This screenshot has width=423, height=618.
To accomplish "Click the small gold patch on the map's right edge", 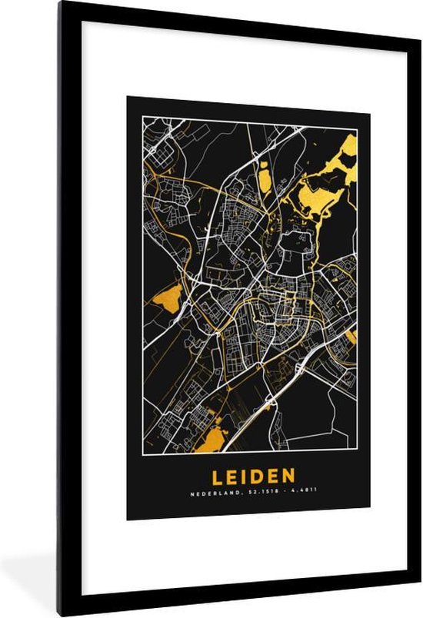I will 352,336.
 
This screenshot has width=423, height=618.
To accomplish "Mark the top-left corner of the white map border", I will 142,117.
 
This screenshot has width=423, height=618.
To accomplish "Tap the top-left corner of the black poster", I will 128,97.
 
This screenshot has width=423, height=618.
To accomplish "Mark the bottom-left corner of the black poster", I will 128,520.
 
